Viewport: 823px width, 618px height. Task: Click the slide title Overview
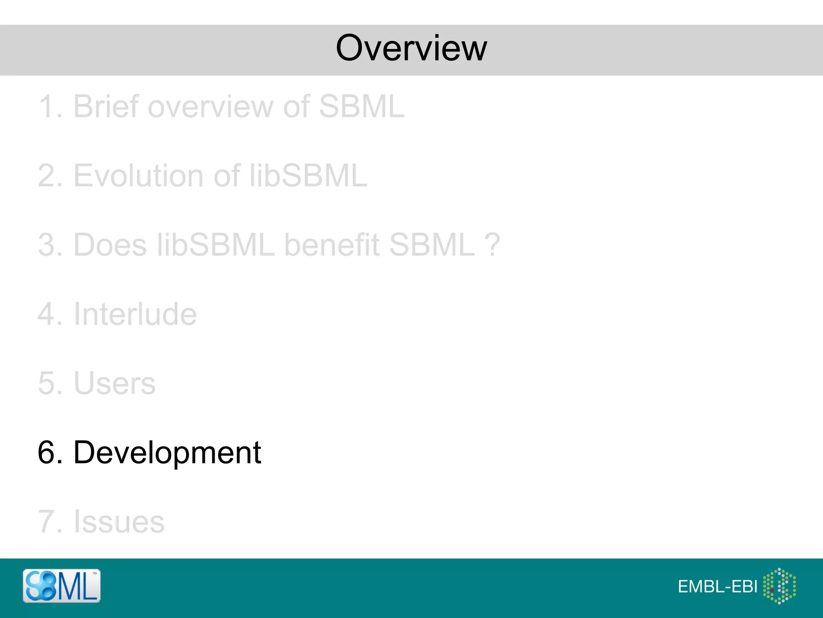tap(411, 48)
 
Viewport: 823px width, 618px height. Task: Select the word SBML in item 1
tap(361, 107)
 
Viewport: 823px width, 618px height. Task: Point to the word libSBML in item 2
tap(308, 176)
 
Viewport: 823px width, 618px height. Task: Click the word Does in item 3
tap(110, 245)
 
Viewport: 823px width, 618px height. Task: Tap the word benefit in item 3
tap(332, 245)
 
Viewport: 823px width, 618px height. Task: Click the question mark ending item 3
tap(492, 245)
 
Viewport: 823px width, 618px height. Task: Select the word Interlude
tap(135, 314)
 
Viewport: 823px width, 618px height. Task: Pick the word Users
tap(115, 383)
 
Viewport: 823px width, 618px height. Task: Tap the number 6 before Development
tap(46, 453)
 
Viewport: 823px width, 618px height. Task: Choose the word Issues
tap(119, 522)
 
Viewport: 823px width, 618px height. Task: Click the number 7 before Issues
tap(46, 522)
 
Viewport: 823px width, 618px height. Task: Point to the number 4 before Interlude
tap(46, 314)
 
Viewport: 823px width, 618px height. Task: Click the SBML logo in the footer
tap(61, 586)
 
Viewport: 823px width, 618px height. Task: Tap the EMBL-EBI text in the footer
tap(717, 587)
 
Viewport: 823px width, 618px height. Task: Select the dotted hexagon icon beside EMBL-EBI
tap(779, 586)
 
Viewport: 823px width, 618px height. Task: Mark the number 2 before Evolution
tap(46, 176)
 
